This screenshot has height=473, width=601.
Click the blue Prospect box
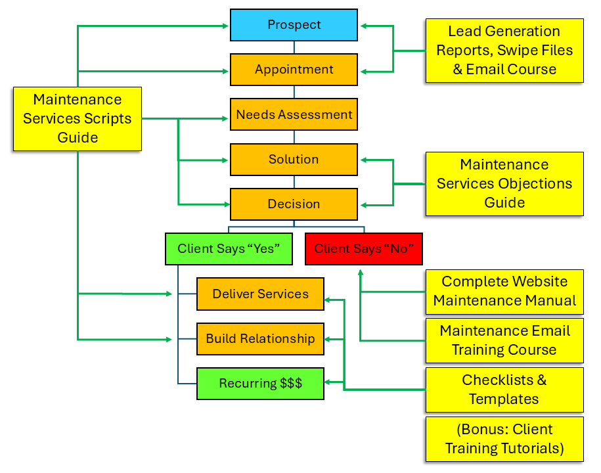(x=294, y=25)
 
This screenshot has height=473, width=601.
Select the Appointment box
(x=294, y=70)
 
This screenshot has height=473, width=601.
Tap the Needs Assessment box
(x=294, y=114)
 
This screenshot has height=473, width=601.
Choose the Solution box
(x=294, y=159)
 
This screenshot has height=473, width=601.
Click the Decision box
(x=294, y=204)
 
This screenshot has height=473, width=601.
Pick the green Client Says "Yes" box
(x=229, y=249)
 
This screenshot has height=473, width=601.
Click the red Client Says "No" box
(x=363, y=249)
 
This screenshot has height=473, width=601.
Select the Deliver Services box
(x=260, y=294)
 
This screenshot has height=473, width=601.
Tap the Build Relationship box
(x=260, y=339)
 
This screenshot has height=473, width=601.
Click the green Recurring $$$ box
(x=260, y=384)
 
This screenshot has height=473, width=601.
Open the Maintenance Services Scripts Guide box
(x=78, y=119)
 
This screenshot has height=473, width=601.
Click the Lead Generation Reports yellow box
(x=504, y=51)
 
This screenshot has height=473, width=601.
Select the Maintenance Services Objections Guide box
(x=504, y=184)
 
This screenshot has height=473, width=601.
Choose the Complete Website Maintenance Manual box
(x=504, y=291)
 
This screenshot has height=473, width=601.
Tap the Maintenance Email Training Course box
(x=504, y=340)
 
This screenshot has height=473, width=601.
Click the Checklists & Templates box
(x=504, y=390)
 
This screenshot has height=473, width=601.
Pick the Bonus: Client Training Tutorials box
(x=504, y=439)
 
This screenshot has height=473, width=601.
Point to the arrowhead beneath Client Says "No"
(x=360, y=271)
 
